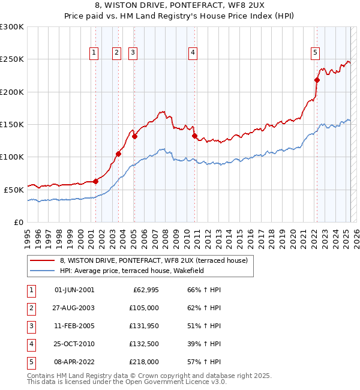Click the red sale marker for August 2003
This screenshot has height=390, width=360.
click(119, 154)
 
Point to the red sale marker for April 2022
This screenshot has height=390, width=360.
click(317, 80)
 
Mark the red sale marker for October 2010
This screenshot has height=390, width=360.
click(195, 136)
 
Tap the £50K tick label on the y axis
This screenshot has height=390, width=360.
click(14, 190)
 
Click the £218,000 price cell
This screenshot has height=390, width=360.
click(144, 362)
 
